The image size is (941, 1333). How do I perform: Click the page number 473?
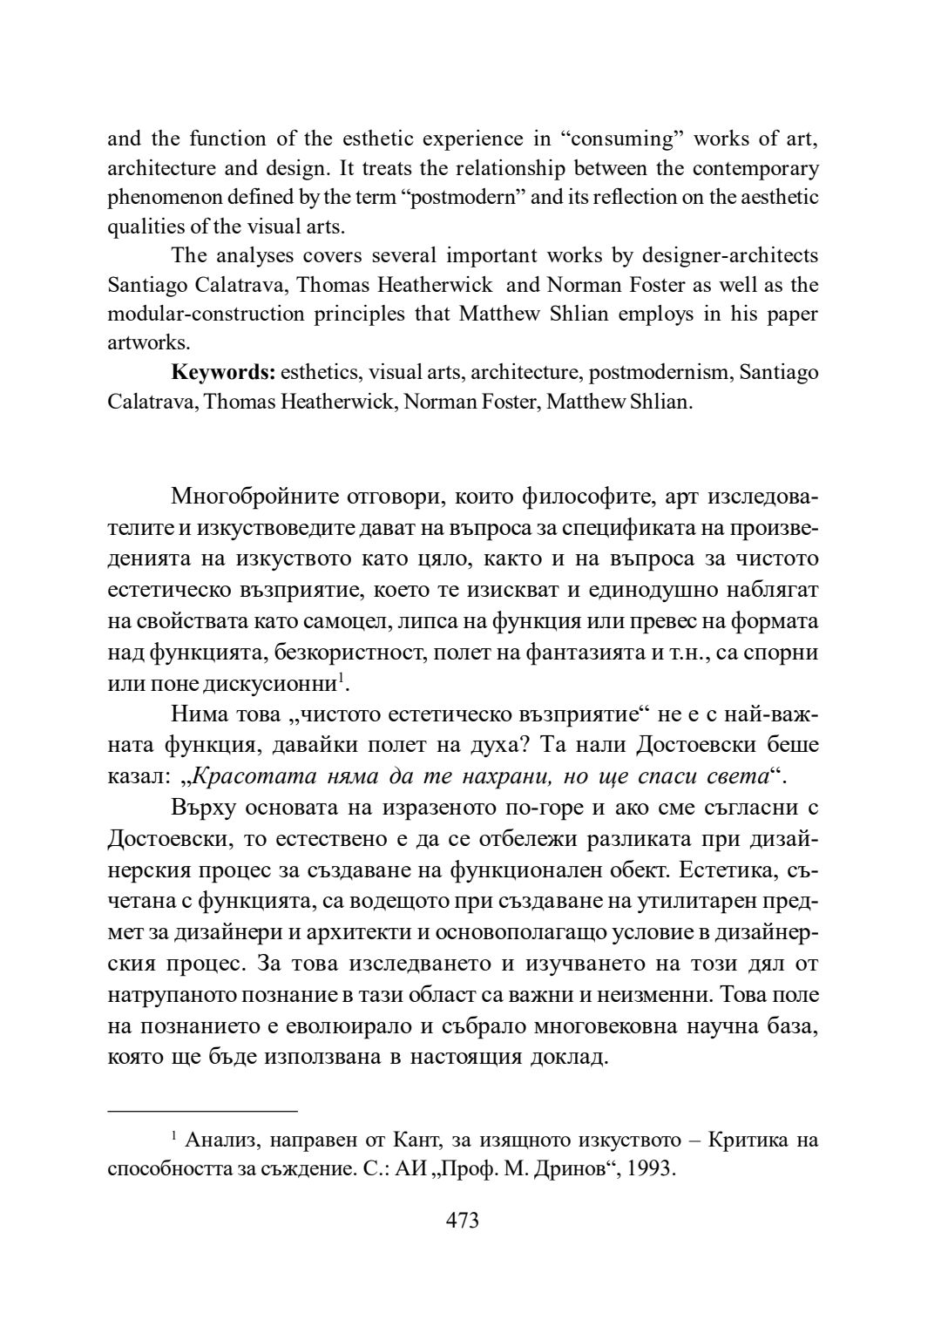462,1221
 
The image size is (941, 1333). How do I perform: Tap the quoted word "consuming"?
621,139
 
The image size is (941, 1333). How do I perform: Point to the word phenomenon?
160,197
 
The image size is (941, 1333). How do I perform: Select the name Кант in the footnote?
414,1140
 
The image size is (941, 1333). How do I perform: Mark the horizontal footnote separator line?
202,1111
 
